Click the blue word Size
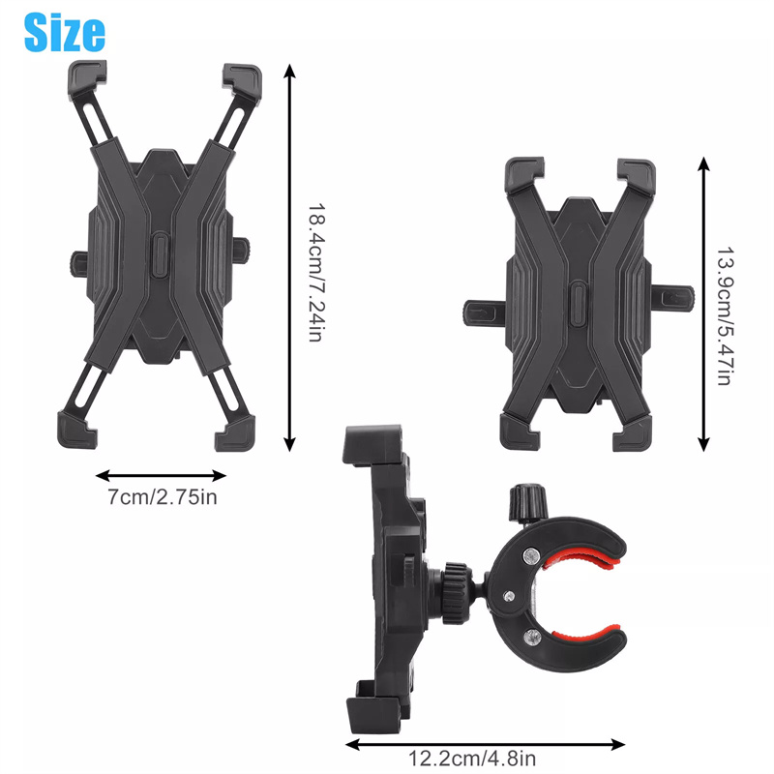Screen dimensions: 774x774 (65, 32)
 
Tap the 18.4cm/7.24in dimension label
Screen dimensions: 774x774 (315, 273)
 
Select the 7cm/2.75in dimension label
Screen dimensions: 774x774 (163, 497)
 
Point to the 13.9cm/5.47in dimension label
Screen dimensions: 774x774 (724, 316)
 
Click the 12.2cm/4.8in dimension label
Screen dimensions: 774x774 (471, 759)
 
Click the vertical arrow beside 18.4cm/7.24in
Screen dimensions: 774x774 (289, 257)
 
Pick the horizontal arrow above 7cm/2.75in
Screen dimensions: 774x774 (161, 476)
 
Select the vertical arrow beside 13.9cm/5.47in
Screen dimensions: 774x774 (704, 304)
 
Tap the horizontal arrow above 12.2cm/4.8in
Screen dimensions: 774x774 (486, 744)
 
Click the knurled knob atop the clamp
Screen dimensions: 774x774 (529, 502)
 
